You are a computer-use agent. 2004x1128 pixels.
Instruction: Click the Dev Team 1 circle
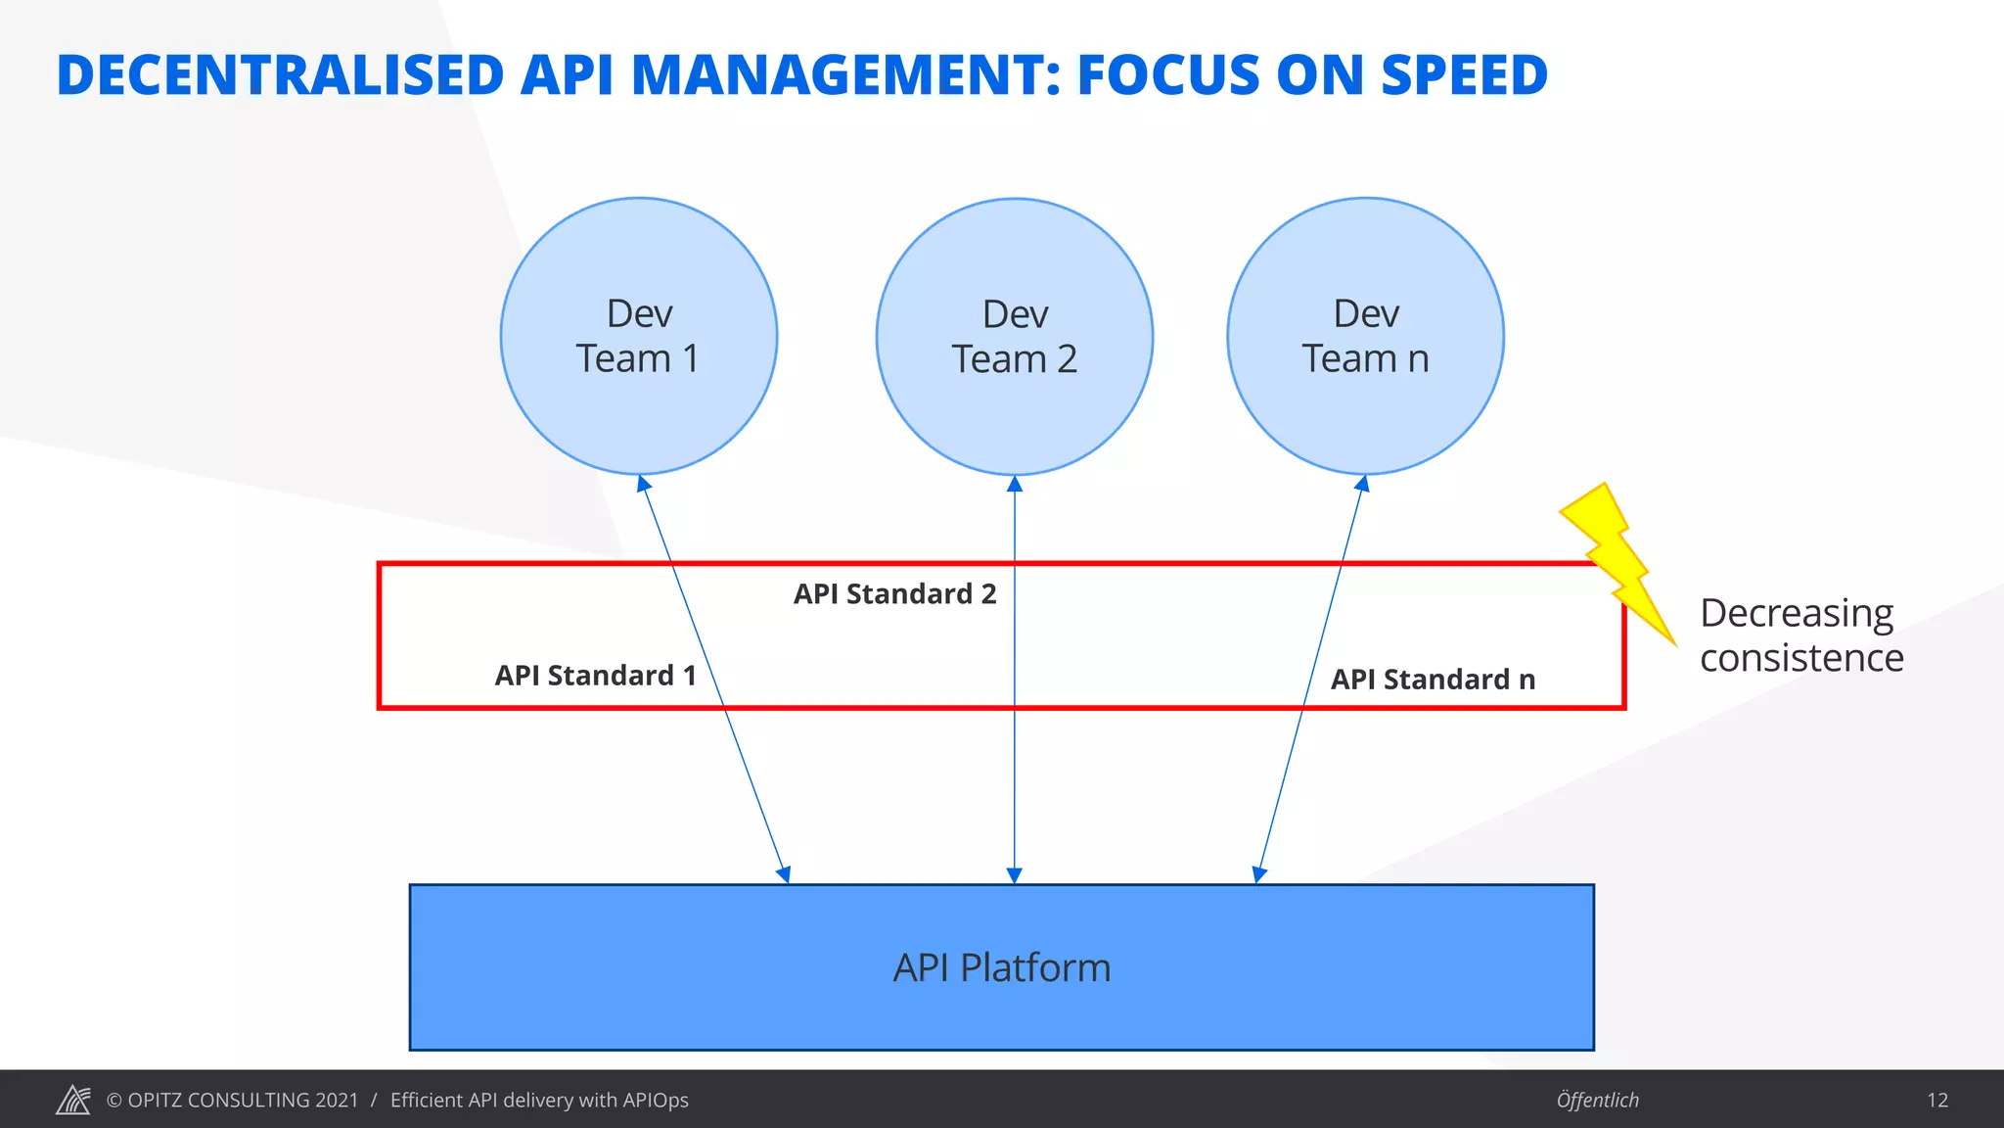(638, 336)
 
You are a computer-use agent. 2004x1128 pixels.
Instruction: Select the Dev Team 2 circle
(1015, 337)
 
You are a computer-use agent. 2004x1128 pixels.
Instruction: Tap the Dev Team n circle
(1365, 336)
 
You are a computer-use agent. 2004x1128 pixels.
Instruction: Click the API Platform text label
(1002, 967)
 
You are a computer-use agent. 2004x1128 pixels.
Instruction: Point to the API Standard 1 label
(595, 676)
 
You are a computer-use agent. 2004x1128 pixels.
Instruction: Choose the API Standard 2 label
(894, 594)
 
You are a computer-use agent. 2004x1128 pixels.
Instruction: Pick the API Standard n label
(1433, 680)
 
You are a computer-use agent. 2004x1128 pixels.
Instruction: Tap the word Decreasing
(1797, 614)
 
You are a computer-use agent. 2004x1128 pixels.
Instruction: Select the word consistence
(1801, 658)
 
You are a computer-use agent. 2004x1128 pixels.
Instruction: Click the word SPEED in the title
(1464, 75)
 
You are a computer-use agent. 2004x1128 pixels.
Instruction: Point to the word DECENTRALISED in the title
(280, 75)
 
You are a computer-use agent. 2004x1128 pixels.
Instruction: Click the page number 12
(1937, 1100)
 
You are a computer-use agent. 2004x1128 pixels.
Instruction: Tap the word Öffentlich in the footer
(1597, 1100)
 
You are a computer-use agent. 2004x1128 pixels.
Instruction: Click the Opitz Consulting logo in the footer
(73, 1100)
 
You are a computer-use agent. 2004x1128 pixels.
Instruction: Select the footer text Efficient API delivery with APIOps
(539, 1100)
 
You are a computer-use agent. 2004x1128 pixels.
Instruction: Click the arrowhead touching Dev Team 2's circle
(1015, 484)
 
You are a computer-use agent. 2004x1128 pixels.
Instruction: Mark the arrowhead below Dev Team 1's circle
(643, 483)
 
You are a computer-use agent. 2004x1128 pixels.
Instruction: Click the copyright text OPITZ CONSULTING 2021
(233, 1100)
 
